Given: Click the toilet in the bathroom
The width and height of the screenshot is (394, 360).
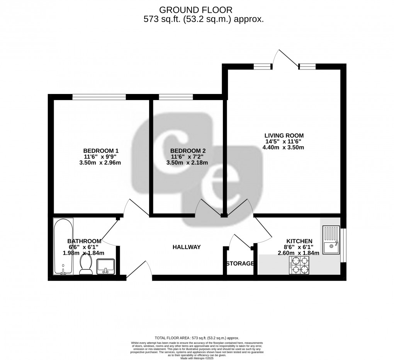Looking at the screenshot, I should (x=86, y=266).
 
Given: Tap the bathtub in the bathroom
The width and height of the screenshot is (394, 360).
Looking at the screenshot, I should (x=63, y=247).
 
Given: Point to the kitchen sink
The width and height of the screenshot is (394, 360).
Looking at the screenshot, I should (x=331, y=241).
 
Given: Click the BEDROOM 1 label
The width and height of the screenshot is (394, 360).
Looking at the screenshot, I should (x=100, y=151).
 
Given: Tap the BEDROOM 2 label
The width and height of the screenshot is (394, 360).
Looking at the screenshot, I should (x=187, y=151).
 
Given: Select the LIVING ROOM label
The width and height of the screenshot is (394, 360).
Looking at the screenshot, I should (x=284, y=135).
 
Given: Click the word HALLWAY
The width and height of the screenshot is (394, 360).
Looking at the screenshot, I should (x=187, y=247).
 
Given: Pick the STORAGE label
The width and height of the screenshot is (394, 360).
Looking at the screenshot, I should (x=240, y=264).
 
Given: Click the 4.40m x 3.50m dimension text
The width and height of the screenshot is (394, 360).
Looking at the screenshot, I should (x=284, y=147).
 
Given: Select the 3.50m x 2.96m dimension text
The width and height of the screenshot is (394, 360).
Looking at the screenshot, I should (x=100, y=162).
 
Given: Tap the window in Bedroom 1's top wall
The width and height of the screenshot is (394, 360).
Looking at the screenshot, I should (x=99, y=97).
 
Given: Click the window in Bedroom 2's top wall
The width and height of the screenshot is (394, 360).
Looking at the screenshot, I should (x=176, y=97).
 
